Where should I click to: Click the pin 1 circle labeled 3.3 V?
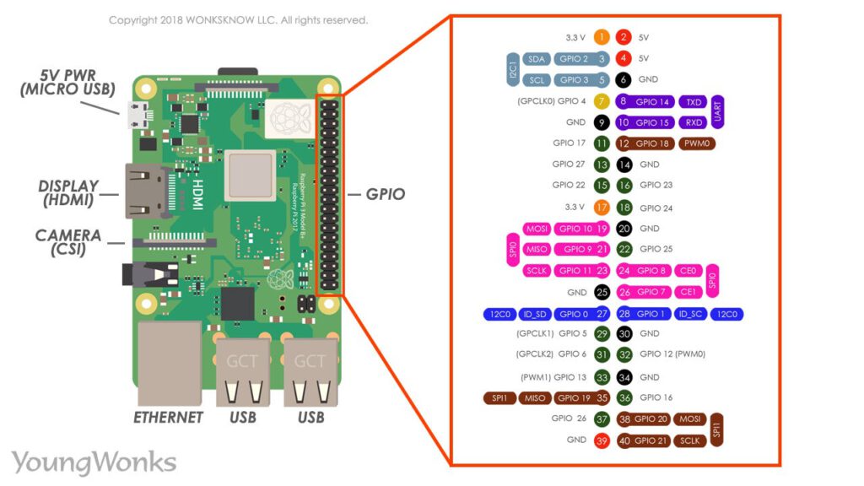point(602,37)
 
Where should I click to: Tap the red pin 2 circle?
point(624,37)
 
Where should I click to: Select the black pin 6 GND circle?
point(624,80)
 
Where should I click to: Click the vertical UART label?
point(717,111)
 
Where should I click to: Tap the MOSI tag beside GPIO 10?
point(537,229)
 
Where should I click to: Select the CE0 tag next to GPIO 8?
point(690,271)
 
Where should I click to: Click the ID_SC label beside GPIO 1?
point(690,314)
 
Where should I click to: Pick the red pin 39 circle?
point(602,440)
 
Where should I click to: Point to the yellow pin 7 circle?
point(602,101)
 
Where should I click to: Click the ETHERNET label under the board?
point(169,417)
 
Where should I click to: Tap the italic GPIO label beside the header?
point(385,194)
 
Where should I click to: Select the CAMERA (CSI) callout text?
point(68,242)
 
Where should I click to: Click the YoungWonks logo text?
point(94,462)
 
